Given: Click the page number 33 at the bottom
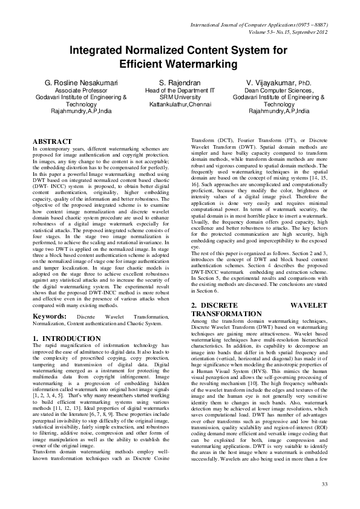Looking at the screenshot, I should coord(324,484).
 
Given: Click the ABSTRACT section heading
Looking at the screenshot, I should coord(55,141).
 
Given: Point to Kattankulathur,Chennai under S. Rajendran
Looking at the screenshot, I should coord(180,103).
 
